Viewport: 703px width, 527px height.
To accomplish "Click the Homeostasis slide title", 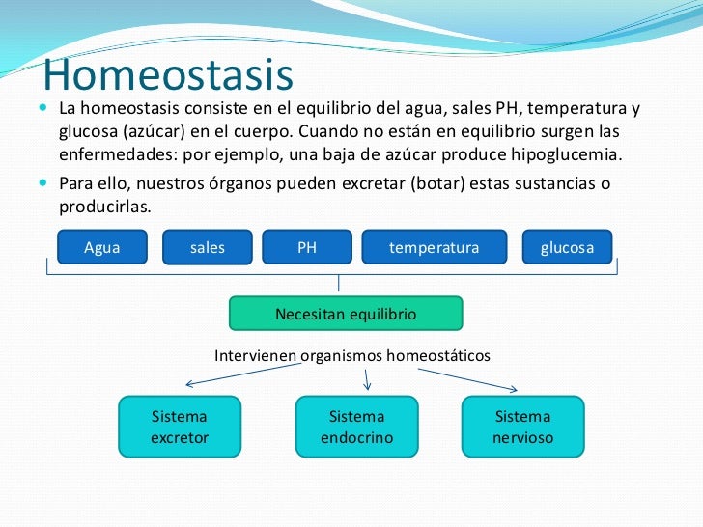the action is pos(168,74).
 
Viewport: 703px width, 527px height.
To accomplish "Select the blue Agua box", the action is pos(102,247).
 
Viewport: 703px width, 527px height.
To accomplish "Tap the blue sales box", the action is pos(207,247).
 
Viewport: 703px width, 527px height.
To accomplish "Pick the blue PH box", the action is pos(307,247).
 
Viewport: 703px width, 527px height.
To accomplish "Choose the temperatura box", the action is pos(435,247).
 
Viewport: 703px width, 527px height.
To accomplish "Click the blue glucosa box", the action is pos(567,247).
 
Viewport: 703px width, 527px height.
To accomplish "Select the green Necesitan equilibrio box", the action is pos(346,314).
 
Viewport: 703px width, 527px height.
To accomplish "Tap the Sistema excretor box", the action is pos(180,427).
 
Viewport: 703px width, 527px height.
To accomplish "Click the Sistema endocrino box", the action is pos(357,427).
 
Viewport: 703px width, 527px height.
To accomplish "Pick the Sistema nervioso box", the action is pos(523,427).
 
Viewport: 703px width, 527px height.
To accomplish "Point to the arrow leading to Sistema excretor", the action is pos(243,374).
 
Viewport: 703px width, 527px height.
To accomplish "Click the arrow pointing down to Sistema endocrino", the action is pos(367,379).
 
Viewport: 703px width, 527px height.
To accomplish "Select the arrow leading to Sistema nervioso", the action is pos(467,380).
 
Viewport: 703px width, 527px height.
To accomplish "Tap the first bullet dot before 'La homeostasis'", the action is pos(43,107).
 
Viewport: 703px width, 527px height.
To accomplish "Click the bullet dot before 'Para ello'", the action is pos(43,182).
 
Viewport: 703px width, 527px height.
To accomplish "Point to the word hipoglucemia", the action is pos(567,154).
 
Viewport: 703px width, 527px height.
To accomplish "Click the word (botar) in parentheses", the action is pos(437,183).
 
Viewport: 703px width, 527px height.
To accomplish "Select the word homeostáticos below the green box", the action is pos(438,356).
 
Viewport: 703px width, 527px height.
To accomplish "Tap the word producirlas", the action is pos(105,207).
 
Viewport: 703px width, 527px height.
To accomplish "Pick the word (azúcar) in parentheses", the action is pos(154,131).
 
